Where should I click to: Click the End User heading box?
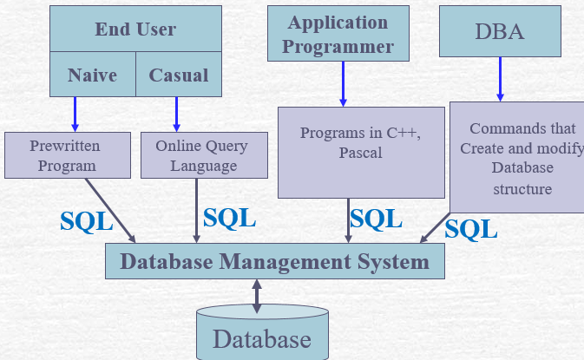pos(135,29)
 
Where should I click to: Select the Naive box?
pos(92,75)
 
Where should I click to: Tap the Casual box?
pos(178,75)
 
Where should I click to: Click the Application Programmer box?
pos(338,34)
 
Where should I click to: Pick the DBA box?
pos(500,31)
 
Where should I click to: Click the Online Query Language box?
pos(202,154)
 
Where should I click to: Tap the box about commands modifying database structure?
pos(517,159)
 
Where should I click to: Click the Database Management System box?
pos(274,261)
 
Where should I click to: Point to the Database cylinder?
pos(262,336)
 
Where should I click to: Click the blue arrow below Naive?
pos(75,113)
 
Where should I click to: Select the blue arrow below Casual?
pos(177,113)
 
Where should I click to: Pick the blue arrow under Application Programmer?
pos(343,83)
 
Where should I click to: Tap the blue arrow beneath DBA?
pos(500,81)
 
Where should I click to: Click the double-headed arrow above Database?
pos(257,296)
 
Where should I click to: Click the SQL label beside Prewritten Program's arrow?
pos(86,221)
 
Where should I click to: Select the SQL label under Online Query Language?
pos(229,217)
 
